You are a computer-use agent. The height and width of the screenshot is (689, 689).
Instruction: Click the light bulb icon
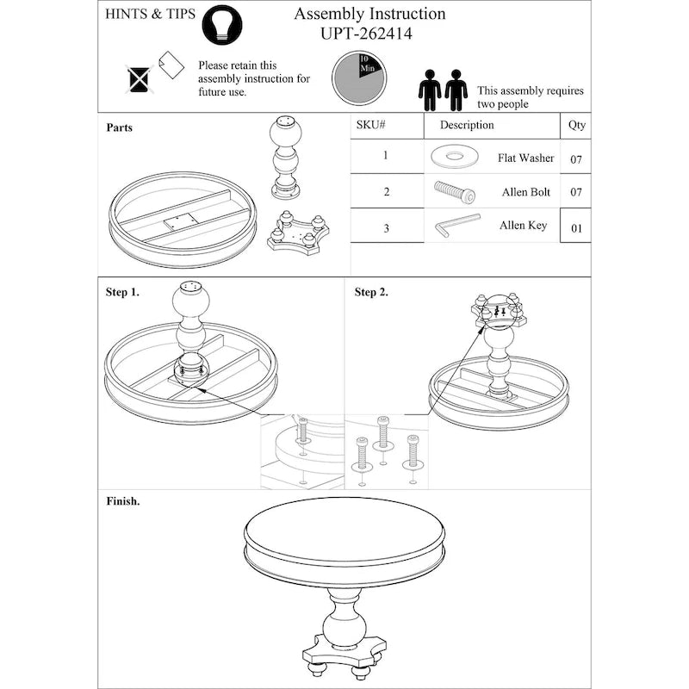pyautogui.click(x=221, y=25)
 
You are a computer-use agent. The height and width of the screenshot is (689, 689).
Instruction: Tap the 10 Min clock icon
pyautogui.click(x=358, y=76)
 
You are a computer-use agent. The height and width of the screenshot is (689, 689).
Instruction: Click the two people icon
pyautogui.click(x=443, y=90)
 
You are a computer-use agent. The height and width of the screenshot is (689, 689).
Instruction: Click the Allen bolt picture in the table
pyautogui.click(x=455, y=190)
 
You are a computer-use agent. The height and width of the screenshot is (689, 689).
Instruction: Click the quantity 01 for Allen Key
pyautogui.click(x=576, y=228)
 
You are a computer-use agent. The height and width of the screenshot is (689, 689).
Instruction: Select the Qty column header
pyautogui.click(x=576, y=125)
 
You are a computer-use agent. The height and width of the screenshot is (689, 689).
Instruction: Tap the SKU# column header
pyautogui.click(x=370, y=125)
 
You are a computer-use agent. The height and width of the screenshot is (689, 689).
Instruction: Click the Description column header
pyautogui.click(x=467, y=125)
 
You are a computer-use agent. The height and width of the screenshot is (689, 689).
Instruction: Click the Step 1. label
pyautogui.click(x=122, y=292)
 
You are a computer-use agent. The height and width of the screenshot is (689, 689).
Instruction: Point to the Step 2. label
pyautogui.click(x=371, y=292)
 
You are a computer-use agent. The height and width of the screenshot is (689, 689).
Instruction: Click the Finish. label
pyautogui.click(x=122, y=500)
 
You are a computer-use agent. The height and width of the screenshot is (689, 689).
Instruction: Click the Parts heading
pyautogui.click(x=119, y=127)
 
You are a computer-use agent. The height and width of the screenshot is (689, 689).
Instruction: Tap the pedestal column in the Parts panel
pyautogui.click(x=285, y=155)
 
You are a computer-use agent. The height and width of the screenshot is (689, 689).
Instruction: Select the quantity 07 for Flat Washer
pyautogui.click(x=576, y=159)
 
